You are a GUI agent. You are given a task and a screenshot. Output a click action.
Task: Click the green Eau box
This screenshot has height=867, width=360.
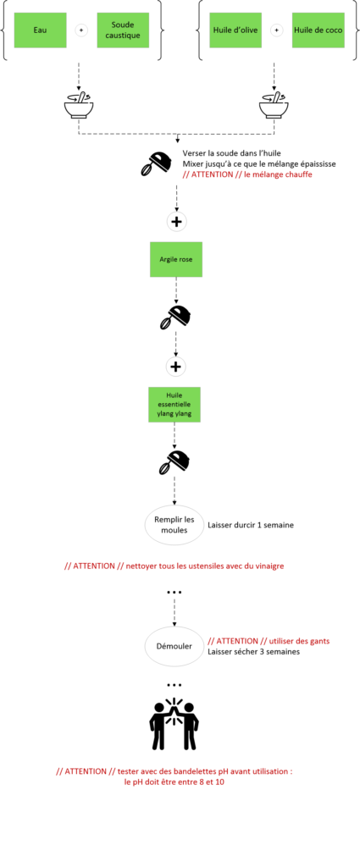tap(39, 30)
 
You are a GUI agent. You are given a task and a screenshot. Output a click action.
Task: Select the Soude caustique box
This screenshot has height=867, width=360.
tap(123, 30)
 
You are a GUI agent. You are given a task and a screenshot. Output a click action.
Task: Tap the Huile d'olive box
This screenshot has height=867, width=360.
tap(235, 30)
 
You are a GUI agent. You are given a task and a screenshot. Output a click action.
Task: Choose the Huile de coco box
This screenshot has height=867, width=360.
tap(318, 30)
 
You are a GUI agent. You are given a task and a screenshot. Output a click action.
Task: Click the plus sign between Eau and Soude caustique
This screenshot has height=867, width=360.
tap(80, 30)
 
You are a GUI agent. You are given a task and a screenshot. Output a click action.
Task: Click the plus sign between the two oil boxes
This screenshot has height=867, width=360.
tap(276, 30)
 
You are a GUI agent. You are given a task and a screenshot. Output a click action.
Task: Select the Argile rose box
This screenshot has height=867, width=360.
tap(176, 259)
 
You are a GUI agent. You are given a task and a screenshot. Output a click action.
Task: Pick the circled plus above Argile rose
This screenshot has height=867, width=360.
tap(176, 222)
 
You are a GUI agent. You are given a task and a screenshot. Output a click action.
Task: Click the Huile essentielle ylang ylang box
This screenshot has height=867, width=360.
tap(174, 404)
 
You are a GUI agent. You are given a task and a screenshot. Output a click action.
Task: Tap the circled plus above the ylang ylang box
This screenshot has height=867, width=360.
tap(176, 367)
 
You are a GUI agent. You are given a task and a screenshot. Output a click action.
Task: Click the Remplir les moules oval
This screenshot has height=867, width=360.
tap(174, 524)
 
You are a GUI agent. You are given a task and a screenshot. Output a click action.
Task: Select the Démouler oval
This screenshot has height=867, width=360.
tap(174, 646)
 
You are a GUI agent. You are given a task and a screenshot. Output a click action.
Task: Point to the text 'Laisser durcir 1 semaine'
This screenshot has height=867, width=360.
tap(251, 525)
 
